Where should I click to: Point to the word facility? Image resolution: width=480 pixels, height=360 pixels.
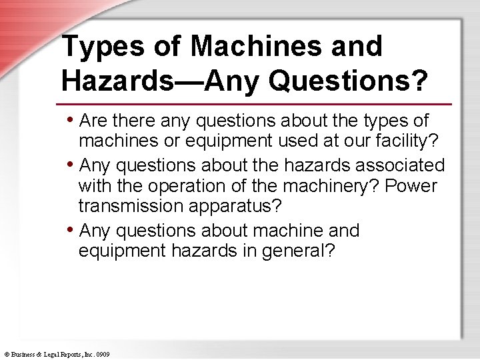click(x=413, y=142)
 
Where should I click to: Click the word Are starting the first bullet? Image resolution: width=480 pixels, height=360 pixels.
click(x=93, y=121)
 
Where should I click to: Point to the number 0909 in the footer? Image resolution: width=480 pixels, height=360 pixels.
click(x=103, y=354)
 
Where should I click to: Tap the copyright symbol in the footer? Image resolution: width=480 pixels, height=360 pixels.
click(x=5, y=354)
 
